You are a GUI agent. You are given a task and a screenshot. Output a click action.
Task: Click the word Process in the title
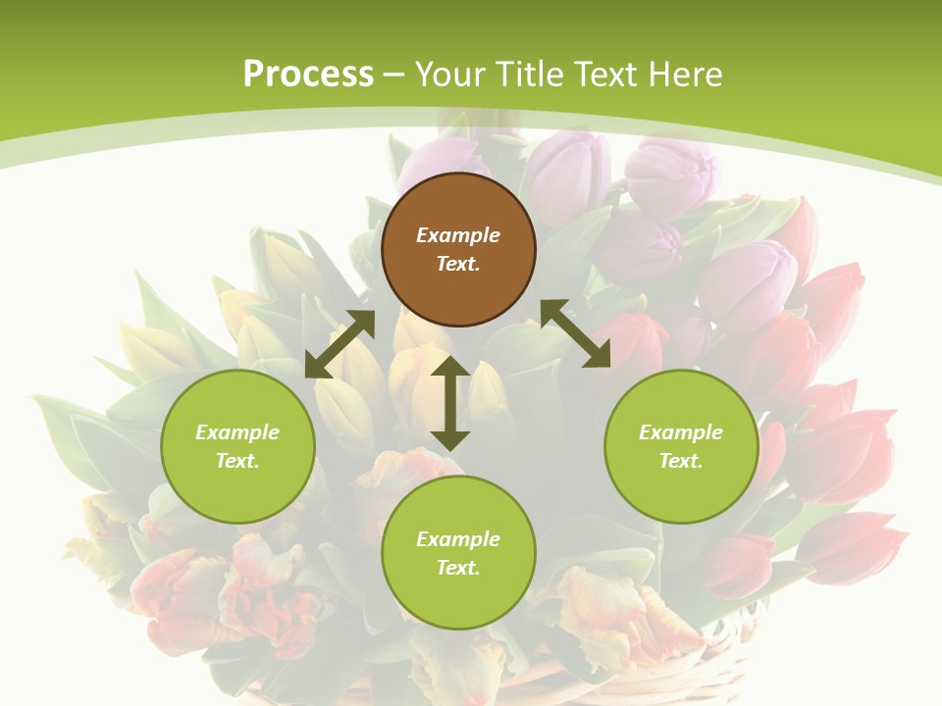tap(308, 74)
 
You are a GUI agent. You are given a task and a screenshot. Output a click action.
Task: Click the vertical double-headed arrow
tap(450, 403)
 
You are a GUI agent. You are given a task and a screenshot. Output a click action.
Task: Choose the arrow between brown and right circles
tap(576, 333)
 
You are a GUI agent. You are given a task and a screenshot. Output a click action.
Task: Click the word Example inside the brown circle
tap(458, 235)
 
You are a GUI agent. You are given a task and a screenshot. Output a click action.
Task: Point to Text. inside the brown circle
tap(458, 264)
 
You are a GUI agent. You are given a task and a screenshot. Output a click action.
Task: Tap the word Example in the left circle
tap(237, 432)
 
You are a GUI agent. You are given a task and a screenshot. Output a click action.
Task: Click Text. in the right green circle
tap(681, 461)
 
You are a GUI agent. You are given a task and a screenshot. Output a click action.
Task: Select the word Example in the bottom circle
tap(458, 539)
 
